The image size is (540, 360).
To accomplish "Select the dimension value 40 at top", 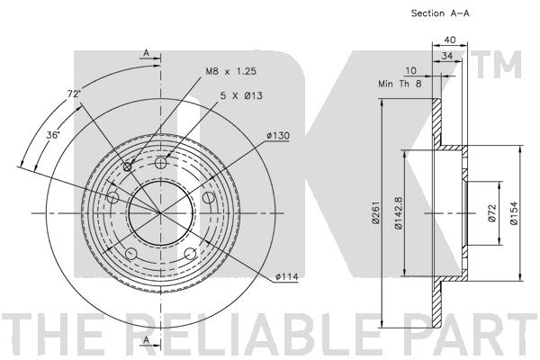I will point(450,40).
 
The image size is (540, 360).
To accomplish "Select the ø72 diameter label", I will point(492,212).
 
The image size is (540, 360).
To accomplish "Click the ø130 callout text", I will point(277,137).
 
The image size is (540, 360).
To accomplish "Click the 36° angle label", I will point(53,135).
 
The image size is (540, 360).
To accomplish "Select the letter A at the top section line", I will point(145,54).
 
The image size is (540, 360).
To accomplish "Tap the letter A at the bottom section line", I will point(145,339).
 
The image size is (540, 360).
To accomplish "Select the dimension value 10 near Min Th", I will point(410,70).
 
